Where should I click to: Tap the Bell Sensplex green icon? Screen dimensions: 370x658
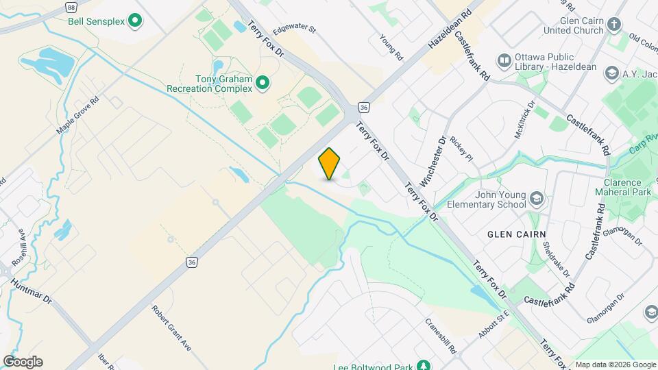(135, 21)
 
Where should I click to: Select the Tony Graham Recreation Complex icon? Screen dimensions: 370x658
(262, 84)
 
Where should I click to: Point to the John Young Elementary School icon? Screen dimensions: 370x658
(537, 199)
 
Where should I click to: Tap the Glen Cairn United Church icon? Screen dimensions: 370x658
(614, 26)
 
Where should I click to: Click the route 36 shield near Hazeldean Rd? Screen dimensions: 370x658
(363, 108)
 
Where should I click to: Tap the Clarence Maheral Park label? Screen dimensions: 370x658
(622, 187)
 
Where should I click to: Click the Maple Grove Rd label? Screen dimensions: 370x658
(77, 114)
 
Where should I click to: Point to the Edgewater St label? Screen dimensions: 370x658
(293, 30)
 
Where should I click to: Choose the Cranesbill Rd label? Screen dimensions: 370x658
(440, 336)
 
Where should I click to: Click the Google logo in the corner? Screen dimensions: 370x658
(23, 362)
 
